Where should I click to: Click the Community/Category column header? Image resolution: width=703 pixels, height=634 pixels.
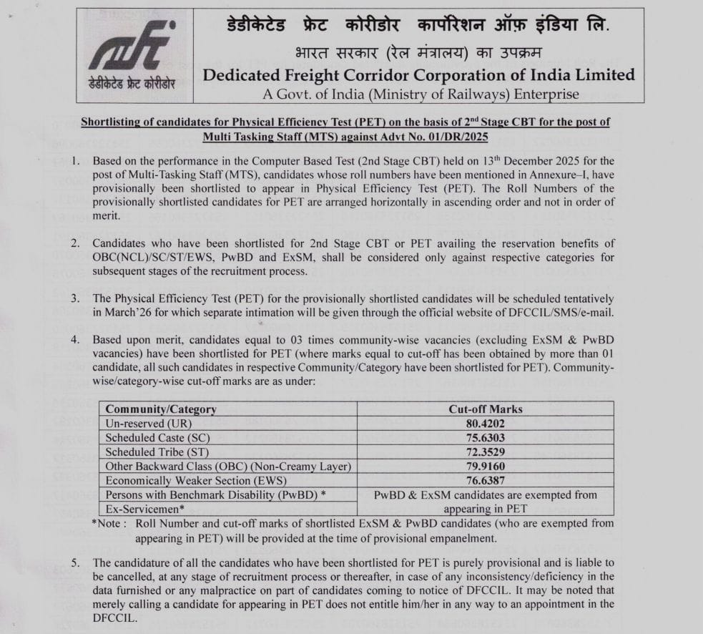[160, 409]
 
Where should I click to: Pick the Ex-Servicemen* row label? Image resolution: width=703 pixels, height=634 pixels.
[144, 508]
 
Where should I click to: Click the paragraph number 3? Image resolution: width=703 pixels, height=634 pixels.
[75, 298]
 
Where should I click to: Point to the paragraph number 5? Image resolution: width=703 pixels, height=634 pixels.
[75, 562]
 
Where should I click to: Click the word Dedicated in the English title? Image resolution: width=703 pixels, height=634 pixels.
[242, 74]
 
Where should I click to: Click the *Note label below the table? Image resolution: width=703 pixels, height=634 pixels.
[109, 523]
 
